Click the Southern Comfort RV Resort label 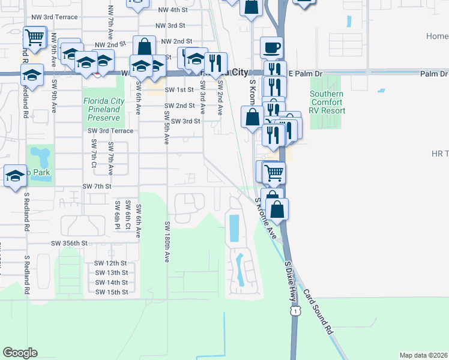tap(327, 102)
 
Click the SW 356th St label tap(69, 244)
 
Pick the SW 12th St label tap(111, 263)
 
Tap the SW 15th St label tap(111, 292)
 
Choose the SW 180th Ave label tap(167, 242)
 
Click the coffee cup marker tap(272, 47)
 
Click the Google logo tap(20, 352)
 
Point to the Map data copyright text tap(423, 355)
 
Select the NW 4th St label tap(173, 10)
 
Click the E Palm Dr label tap(306, 73)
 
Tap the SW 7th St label tap(97, 187)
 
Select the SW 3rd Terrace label tap(110, 130)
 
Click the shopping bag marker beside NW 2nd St tap(145, 47)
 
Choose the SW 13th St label tap(111, 273)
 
